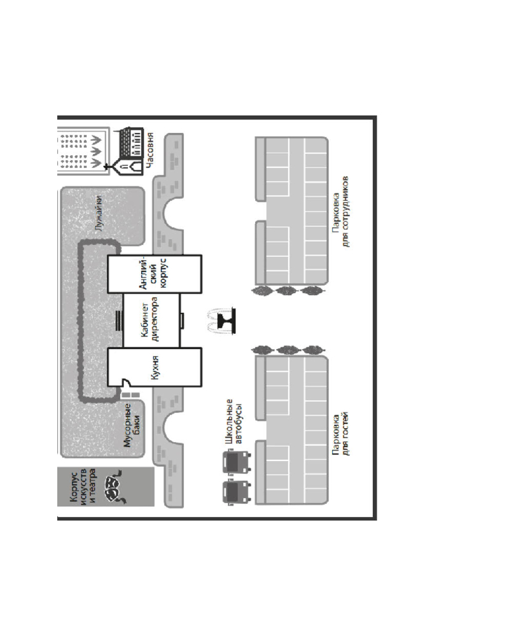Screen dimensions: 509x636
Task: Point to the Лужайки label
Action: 98,213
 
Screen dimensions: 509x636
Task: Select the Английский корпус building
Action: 155,273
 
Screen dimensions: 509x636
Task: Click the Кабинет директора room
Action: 151,321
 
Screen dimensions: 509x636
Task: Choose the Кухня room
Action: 155,367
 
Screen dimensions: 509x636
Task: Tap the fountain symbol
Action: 221,321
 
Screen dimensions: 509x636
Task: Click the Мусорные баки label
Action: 132,425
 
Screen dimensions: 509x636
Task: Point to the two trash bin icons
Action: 130,395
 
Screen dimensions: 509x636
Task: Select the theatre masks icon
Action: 113,486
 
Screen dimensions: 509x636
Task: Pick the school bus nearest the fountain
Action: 237,462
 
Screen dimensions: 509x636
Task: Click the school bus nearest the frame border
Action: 237,492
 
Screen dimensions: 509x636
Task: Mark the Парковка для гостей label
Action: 340,434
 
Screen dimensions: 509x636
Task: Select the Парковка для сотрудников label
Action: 340,211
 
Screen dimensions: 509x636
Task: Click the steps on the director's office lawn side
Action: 118,321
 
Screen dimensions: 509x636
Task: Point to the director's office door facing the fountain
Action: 182,321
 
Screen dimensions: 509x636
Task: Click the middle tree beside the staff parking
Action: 286,291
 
